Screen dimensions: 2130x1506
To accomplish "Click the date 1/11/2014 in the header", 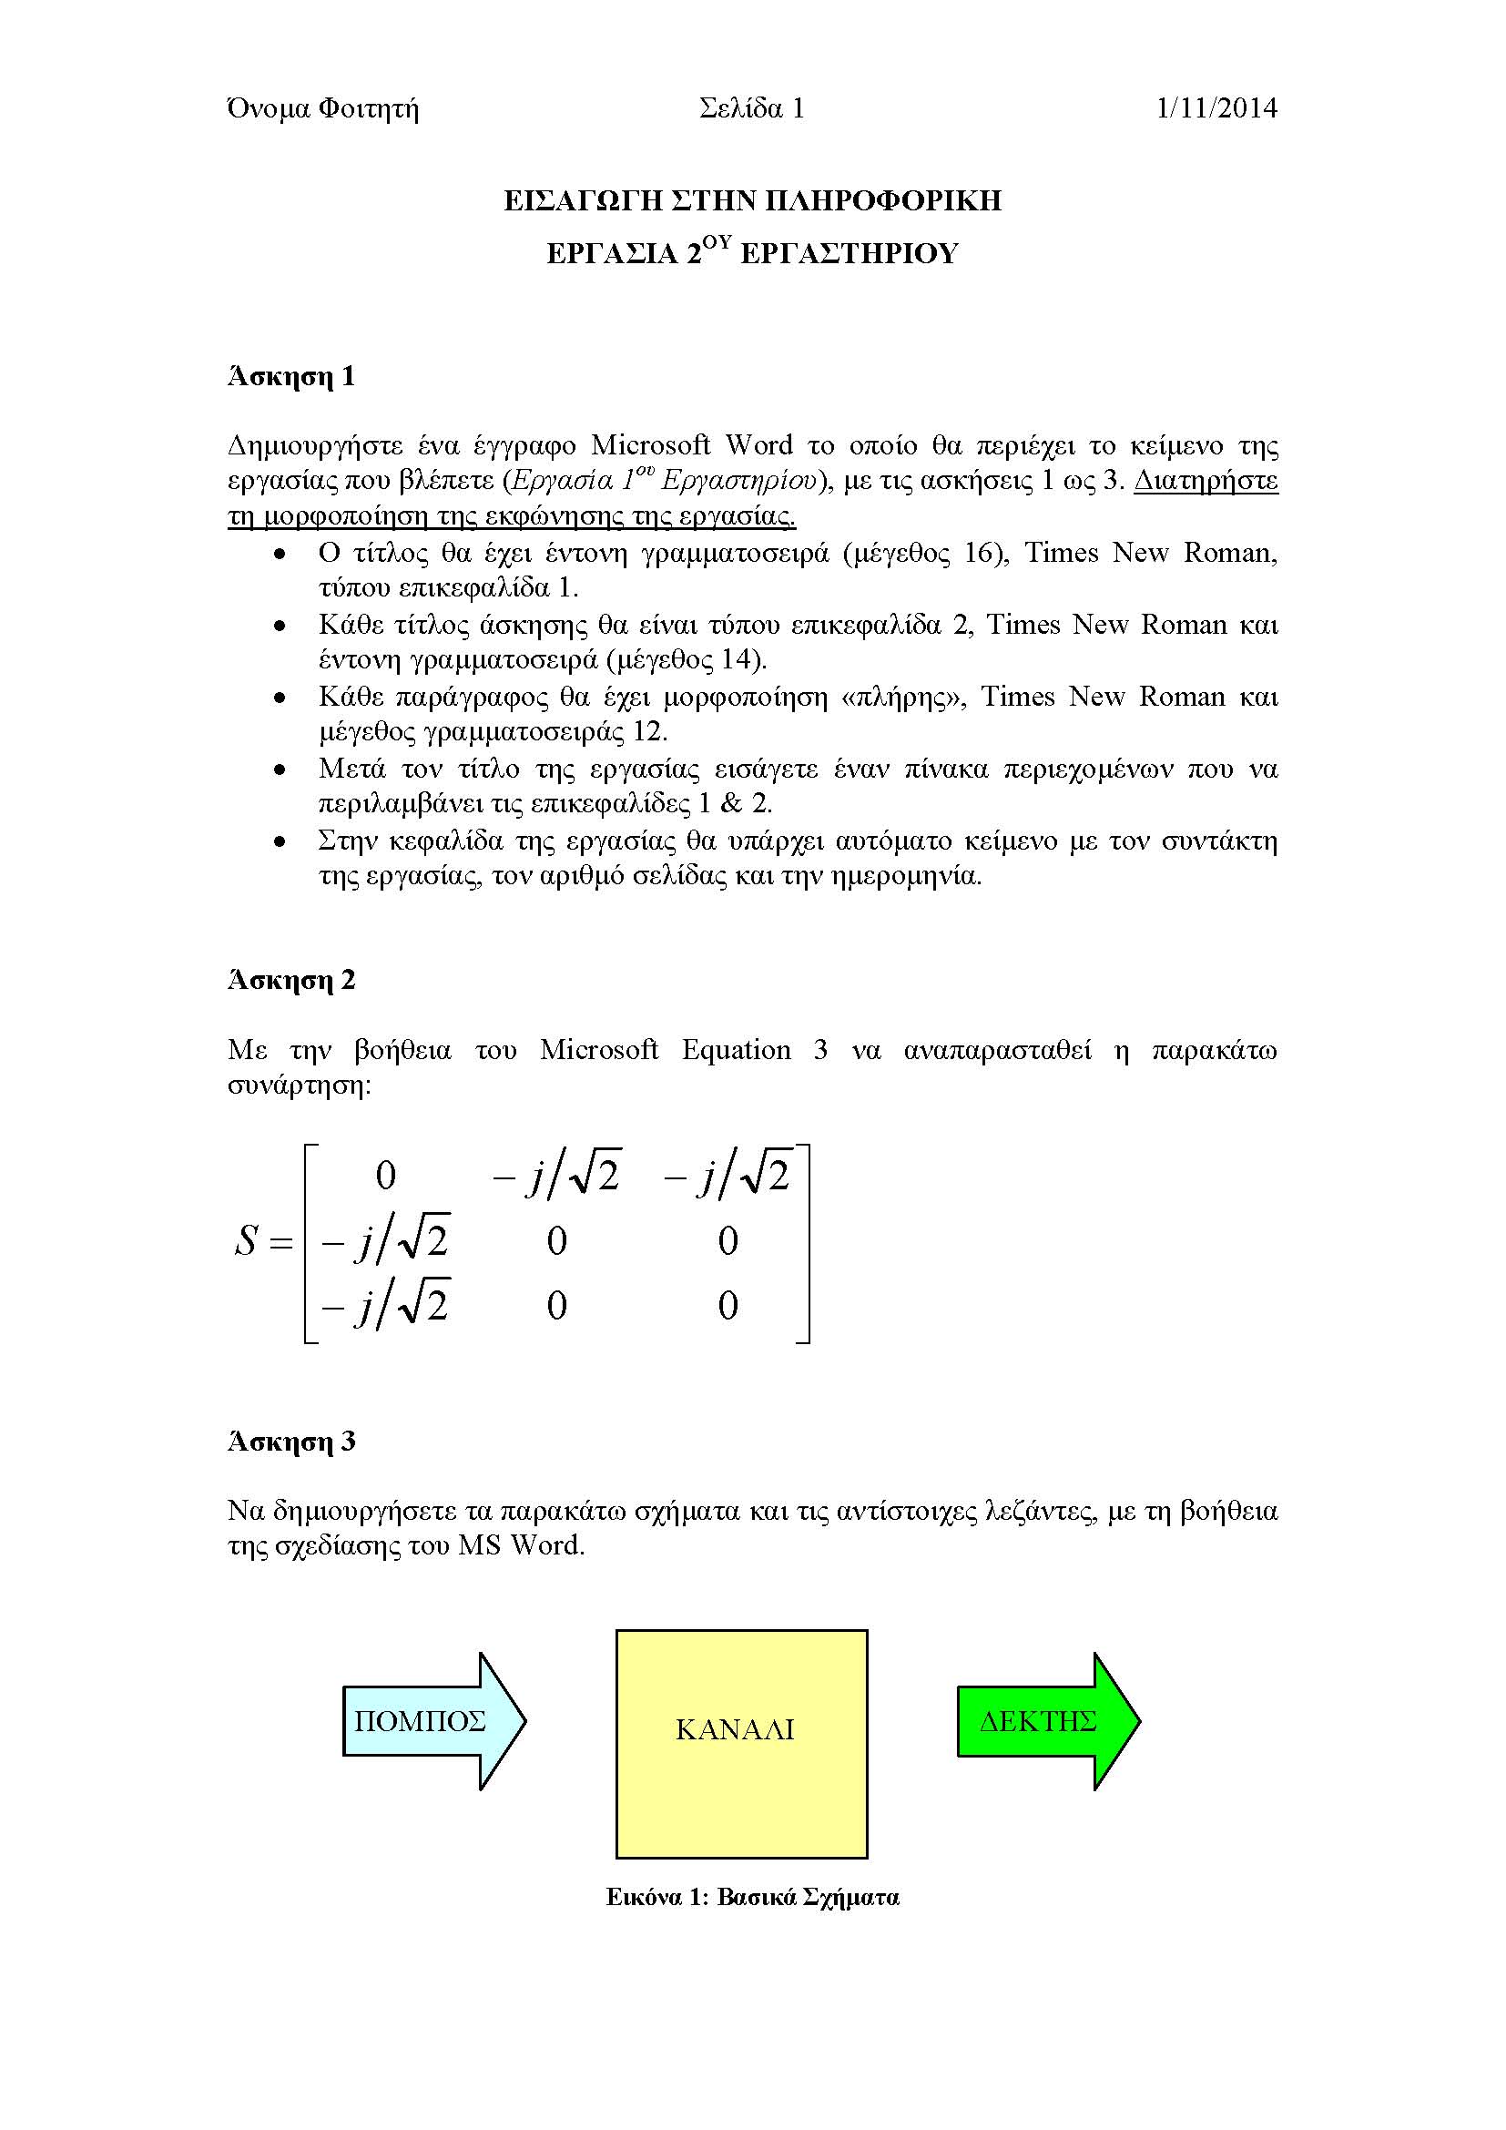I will (x=1216, y=108).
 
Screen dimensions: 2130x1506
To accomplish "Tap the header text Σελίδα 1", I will (x=751, y=108).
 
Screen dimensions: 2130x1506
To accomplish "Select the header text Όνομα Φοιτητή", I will (x=322, y=108).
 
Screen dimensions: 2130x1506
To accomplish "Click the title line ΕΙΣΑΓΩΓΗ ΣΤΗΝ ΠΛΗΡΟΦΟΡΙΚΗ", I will (x=752, y=200).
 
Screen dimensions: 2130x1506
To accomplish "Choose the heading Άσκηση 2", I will (x=291, y=980).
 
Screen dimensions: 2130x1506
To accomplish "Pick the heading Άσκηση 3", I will (x=291, y=1441).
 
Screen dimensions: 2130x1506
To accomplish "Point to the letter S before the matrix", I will (x=246, y=1240).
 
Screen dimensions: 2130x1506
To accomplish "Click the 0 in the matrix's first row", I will (x=386, y=1176).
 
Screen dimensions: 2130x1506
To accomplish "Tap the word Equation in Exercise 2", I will (x=737, y=1049).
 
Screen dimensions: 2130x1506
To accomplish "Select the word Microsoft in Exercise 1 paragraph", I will (x=650, y=445).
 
